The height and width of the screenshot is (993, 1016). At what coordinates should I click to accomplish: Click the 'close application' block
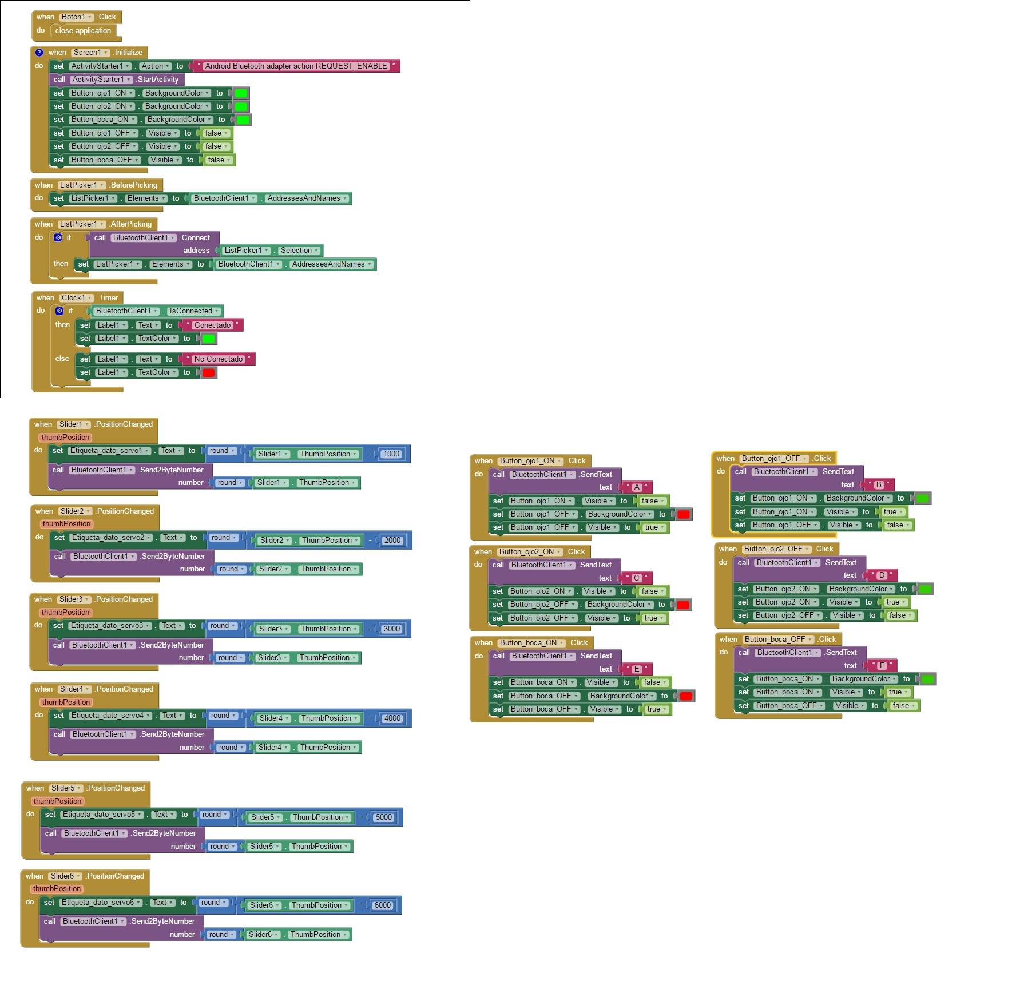tap(83, 31)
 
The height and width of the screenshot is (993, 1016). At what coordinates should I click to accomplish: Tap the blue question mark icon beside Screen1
tap(39, 53)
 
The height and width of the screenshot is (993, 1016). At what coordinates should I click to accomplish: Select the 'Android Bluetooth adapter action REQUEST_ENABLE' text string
tap(296, 66)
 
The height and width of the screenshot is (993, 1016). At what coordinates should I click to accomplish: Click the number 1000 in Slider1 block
tap(391, 454)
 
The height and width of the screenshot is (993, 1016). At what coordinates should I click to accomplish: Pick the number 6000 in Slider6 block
tap(382, 905)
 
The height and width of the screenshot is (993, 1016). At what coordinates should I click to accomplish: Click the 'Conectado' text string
tap(212, 325)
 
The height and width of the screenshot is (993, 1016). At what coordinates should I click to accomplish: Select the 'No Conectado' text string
tap(219, 359)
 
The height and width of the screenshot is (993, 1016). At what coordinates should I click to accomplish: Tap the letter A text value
tap(637, 487)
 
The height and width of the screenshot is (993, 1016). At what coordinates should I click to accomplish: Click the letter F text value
tap(882, 666)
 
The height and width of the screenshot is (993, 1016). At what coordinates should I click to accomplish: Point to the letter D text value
tap(882, 575)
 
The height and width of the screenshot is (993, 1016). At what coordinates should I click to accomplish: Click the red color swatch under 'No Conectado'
tap(208, 373)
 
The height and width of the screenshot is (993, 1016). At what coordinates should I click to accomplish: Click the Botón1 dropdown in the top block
tap(77, 17)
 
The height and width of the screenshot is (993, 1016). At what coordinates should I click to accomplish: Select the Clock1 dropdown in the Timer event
tap(77, 298)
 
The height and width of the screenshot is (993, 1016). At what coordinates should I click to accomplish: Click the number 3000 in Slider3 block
tap(392, 629)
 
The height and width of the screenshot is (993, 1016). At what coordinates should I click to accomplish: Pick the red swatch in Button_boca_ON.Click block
tap(686, 696)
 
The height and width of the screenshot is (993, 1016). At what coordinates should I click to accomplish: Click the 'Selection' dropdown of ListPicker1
tap(299, 251)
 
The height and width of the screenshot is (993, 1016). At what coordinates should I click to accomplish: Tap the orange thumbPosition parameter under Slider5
tap(57, 801)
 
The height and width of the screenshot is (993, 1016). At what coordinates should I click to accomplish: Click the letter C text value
tap(636, 578)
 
